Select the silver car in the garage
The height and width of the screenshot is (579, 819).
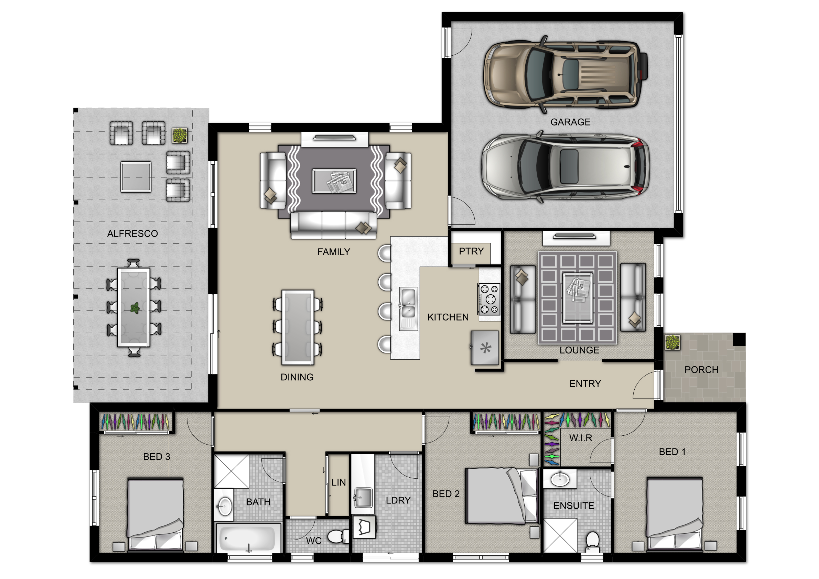pyautogui.click(x=565, y=167)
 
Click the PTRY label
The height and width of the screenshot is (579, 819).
pyautogui.click(x=471, y=251)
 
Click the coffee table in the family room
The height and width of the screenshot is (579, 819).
pyautogui.click(x=334, y=181)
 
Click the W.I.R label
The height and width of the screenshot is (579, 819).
pyautogui.click(x=581, y=438)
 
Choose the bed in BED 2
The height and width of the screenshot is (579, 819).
pyautogui.click(x=502, y=496)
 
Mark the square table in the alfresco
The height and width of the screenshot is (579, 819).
pyautogui.click(x=136, y=177)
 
